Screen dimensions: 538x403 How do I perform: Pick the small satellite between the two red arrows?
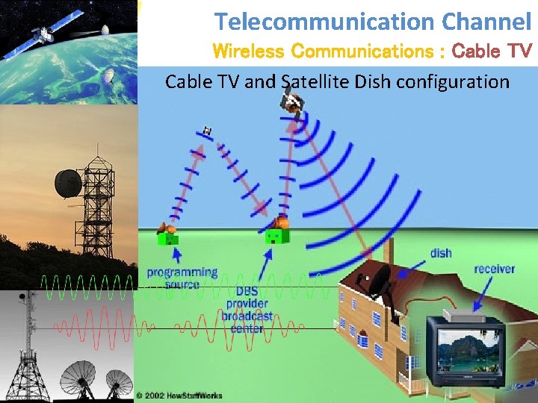coord(207,131)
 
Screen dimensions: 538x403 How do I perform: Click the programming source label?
coord(182,278)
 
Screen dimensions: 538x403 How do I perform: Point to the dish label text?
coord(441,253)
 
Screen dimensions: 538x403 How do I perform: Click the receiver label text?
coord(494,268)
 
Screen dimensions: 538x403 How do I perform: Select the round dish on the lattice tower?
coord(68,182)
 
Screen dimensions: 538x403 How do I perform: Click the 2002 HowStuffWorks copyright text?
coord(179,395)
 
